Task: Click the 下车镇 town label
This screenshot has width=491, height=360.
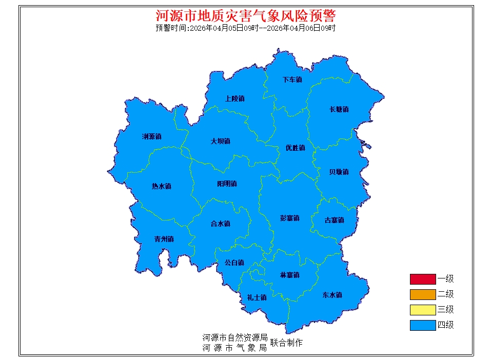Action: (292, 80)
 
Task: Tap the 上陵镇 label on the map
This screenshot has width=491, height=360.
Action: (235, 98)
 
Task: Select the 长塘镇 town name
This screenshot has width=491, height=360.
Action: (339, 109)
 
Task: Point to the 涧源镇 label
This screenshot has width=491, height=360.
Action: (151, 137)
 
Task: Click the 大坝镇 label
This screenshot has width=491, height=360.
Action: (220, 141)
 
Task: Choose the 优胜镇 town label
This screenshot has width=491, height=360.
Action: (295, 148)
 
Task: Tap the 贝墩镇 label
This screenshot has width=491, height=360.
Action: (339, 172)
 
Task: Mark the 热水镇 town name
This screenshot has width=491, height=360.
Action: (161, 186)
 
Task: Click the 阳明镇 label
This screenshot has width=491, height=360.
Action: (227, 184)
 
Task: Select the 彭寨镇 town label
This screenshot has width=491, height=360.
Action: (289, 218)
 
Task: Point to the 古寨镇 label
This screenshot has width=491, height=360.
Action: (334, 221)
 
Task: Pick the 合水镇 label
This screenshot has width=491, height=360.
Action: (220, 224)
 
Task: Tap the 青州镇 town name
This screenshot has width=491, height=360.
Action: (164, 239)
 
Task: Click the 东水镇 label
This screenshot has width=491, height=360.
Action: (332, 295)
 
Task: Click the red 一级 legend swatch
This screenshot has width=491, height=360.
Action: (422, 279)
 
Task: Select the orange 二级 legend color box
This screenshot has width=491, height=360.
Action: (422, 294)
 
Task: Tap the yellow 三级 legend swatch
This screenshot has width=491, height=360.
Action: (422, 310)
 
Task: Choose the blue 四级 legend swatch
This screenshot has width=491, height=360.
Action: (422, 325)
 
